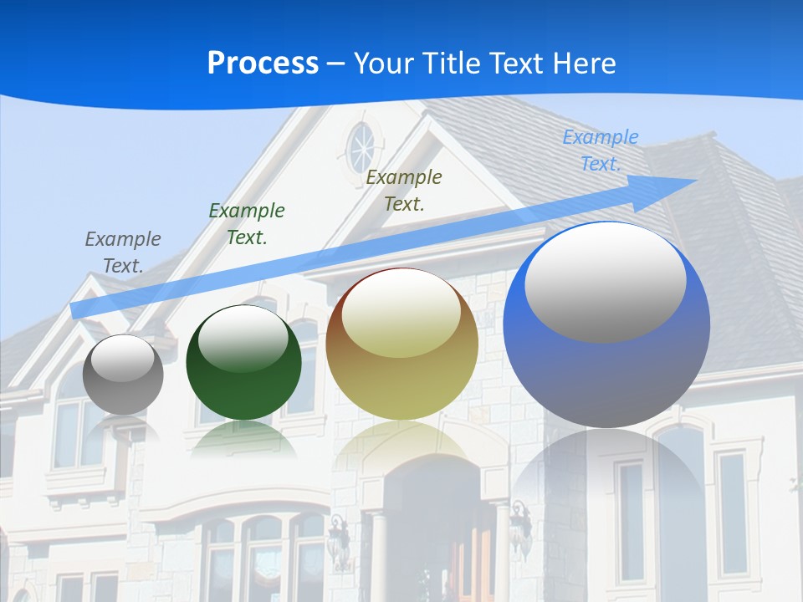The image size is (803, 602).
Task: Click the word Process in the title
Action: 263,64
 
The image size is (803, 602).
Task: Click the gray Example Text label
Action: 123,253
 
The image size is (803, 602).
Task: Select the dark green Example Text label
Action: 247,224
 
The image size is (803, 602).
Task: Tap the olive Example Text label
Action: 404,190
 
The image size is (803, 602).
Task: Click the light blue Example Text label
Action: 600,150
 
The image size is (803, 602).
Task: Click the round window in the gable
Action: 361,148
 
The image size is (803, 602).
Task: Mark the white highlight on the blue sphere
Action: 606,283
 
